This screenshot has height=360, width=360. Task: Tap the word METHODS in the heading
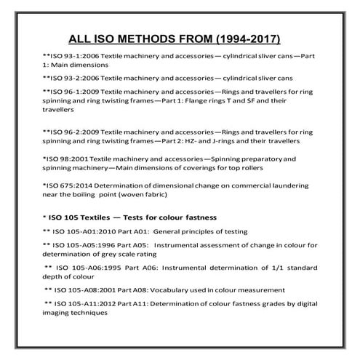(x=153, y=37)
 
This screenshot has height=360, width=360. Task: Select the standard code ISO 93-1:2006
(x=72, y=55)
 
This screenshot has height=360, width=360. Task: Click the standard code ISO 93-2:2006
(x=72, y=77)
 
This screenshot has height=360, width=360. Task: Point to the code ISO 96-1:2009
(x=72, y=91)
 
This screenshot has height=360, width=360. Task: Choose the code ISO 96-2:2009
(x=72, y=132)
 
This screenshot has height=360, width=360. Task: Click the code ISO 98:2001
(x=66, y=159)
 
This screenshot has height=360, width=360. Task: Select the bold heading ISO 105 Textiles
(x=84, y=217)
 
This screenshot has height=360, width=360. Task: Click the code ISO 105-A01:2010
(x=83, y=231)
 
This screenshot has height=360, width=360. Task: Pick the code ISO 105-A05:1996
(x=83, y=246)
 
